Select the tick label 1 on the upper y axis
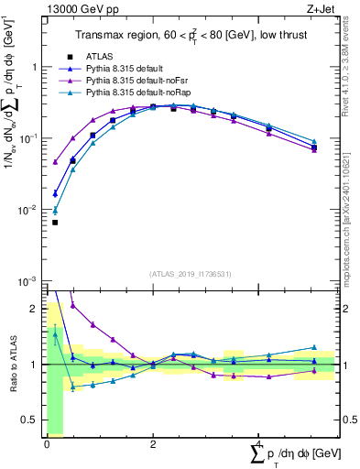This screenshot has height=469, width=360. tap(34, 68)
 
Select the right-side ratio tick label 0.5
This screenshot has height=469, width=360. tap(349, 420)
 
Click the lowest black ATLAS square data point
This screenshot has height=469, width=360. tap(55, 223)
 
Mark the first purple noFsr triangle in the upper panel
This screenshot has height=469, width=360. tap(55, 162)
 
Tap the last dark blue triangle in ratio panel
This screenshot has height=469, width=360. tap(314, 347)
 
